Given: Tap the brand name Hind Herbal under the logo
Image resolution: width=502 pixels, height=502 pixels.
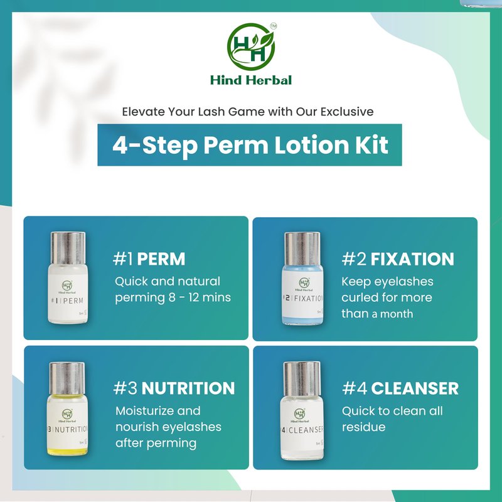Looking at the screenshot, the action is click(251, 80).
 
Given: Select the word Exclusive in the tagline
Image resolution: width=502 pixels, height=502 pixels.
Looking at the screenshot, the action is click(347, 112).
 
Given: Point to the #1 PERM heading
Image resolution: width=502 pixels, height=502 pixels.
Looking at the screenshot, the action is click(149, 259).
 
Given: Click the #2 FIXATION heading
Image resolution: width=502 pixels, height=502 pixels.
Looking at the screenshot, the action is click(398, 259).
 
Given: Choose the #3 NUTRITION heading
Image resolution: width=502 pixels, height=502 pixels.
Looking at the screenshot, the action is click(174, 388).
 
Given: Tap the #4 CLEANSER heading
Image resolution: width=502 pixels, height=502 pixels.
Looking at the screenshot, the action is click(400, 388).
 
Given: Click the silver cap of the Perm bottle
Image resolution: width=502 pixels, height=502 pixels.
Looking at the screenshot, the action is click(68, 248).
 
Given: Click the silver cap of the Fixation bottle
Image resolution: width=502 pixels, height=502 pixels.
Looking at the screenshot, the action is click(302, 248).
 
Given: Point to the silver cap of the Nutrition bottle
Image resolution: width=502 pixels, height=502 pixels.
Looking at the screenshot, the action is click(67, 379).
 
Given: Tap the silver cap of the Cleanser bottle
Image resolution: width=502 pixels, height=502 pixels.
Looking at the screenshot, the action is click(302, 379).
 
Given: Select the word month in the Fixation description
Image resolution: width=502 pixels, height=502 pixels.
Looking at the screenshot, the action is click(397, 314).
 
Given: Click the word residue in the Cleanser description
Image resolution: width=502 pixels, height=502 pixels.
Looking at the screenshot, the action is click(364, 427).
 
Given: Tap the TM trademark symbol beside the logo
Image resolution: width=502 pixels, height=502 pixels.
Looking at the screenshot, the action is click(274, 26).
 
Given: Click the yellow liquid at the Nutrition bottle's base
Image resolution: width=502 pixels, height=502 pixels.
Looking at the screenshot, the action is click(67, 451).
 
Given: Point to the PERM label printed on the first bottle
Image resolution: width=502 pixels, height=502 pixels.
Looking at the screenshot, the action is click(73, 301).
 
